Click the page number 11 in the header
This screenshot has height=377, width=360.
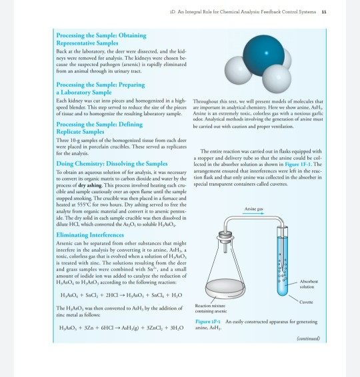pyautogui.click(x=342, y=11)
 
